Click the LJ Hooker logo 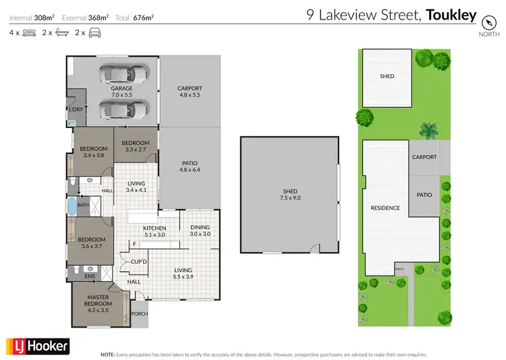(38, 346)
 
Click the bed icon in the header (28, 32)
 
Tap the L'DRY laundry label (76, 109)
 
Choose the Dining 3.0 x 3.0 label (200, 230)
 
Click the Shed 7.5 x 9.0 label (289, 196)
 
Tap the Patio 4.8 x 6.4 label (190, 166)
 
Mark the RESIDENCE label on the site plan (385, 208)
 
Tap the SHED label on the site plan (387, 76)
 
